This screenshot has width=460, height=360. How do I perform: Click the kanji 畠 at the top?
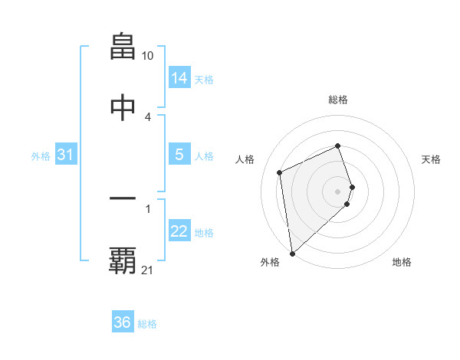click(x=123, y=47)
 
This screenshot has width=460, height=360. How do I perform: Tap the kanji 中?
click(x=123, y=108)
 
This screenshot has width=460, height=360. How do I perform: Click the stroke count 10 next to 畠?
click(x=148, y=56)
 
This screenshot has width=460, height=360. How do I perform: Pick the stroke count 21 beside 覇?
click(x=148, y=270)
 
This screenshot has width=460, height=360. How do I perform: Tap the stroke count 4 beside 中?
click(x=148, y=116)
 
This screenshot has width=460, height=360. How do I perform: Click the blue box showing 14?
click(x=179, y=78)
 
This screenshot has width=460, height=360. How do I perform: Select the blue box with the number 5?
click(x=179, y=155)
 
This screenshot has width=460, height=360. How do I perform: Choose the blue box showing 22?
click(x=179, y=231)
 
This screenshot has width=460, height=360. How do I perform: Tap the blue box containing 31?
click(x=66, y=155)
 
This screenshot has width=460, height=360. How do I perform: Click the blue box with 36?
click(x=123, y=322)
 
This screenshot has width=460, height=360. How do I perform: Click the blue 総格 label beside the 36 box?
click(x=147, y=324)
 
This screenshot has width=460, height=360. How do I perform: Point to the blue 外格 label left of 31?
click(x=41, y=156)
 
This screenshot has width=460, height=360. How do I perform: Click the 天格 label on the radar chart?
click(x=432, y=159)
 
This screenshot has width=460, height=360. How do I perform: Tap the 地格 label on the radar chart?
click(x=402, y=263)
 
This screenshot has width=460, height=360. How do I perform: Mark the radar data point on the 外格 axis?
click(x=291, y=253)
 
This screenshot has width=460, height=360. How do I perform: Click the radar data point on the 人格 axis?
click(x=280, y=172)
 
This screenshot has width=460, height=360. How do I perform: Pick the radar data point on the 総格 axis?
click(x=338, y=146)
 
